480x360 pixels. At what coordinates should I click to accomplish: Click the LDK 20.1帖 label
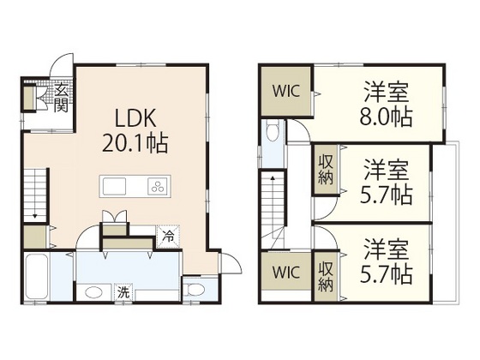click(135, 130)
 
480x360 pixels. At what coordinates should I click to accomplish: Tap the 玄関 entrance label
click(61, 98)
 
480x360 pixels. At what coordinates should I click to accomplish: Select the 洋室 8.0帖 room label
click(386, 104)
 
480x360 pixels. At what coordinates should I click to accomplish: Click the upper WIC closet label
click(286, 91)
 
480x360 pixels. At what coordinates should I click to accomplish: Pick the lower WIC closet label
click(286, 273)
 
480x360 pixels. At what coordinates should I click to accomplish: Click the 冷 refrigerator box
click(168, 237)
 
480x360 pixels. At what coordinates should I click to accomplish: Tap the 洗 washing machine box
click(123, 292)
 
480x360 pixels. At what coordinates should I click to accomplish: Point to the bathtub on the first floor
click(37, 277)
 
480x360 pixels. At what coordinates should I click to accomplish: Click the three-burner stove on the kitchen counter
click(158, 187)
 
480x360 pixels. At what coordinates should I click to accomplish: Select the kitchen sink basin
click(114, 186)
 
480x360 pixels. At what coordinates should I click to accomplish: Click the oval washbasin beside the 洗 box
click(93, 292)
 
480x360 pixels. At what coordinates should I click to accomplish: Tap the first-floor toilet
click(195, 290)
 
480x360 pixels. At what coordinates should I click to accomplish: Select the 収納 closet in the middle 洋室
click(326, 170)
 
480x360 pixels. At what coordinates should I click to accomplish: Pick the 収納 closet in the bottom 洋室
click(326, 277)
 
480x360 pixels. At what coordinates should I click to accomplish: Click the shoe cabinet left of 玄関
click(29, 98)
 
